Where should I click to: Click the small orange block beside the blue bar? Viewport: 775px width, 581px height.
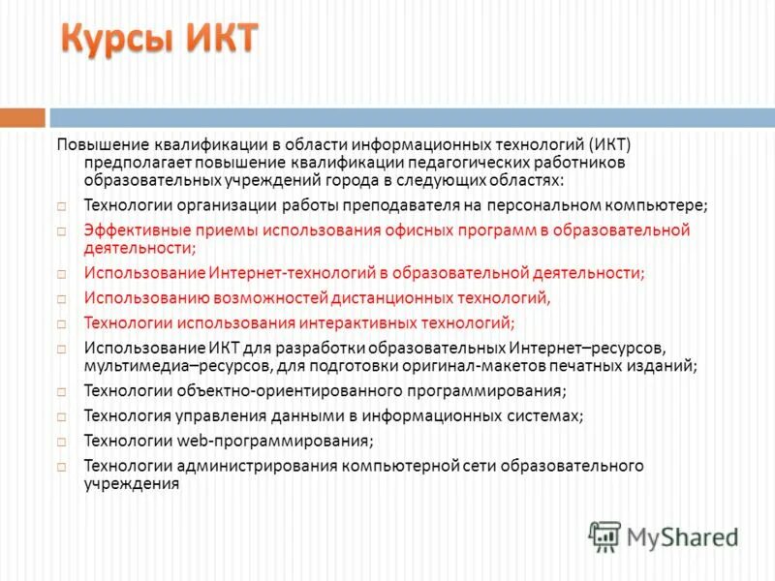click(21, 117)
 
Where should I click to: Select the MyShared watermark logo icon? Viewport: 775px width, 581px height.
click(604, 535)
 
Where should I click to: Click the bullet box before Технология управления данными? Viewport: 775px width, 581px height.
click(61, 416)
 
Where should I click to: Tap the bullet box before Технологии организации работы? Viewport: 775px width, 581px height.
click(61, 206)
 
